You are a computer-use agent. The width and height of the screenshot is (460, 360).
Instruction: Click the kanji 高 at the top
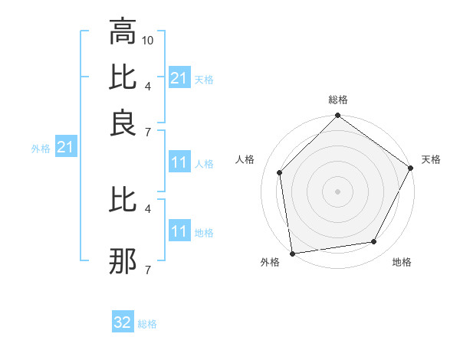tap(123, 31)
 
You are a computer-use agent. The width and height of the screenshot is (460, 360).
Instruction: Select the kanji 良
tap(123, 123)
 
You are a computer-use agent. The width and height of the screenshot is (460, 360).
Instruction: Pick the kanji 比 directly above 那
tap(123, 200)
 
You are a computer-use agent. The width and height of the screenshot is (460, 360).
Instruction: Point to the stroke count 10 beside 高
tap(149, 39)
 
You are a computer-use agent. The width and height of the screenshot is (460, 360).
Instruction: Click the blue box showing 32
tap(123, 322)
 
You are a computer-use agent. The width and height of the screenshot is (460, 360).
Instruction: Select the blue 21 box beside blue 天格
tap(179, 78)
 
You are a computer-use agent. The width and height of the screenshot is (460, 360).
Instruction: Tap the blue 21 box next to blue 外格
tap(64, 147)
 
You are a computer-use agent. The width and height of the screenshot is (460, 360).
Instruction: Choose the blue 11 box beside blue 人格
tap(179, 162)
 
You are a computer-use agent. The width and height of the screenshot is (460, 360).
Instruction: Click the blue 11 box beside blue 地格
tap(179, 231)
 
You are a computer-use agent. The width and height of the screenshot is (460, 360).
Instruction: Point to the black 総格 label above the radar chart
tap(337, 100)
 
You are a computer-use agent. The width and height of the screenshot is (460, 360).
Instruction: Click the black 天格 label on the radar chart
tap(431, 159)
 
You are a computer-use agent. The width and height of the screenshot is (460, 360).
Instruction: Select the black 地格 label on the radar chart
tap(402, 262)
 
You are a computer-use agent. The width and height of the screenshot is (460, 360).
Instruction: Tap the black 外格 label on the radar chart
tap(270, 262)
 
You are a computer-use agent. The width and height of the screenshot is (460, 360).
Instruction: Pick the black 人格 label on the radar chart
tap(245, 159)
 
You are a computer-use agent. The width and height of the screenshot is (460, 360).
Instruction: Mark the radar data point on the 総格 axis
tap(337, 116)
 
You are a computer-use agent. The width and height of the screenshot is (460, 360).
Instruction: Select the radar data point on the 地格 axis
tap(374, 241)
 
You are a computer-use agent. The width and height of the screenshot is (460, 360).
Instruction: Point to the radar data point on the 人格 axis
tap(280, 172)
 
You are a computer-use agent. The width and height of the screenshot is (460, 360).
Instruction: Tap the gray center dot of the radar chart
tap(337, 191)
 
